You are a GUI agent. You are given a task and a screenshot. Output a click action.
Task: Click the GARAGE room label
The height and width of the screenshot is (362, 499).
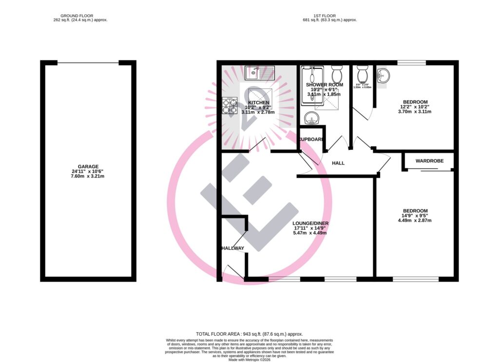[x=88, y=166]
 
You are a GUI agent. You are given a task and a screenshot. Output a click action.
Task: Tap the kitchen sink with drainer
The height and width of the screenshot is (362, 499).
[x=260, y=73]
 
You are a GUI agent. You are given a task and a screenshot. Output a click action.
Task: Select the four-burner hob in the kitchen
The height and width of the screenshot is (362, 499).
[x=229, y=106]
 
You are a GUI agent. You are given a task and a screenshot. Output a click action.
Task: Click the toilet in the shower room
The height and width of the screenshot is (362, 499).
[x=337, y=75]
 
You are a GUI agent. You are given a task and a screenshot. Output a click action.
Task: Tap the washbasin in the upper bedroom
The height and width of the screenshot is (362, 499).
[x=384, y=75]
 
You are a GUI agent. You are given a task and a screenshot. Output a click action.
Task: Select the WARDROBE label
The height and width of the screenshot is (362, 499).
[x=428, y=161]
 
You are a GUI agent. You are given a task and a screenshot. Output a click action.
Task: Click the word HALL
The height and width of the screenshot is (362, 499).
[x=338, y=163]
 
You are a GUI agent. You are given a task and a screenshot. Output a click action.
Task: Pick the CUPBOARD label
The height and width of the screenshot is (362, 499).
[x=312, y=140]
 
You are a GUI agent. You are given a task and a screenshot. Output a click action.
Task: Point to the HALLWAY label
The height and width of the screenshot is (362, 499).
[x=232, y=248]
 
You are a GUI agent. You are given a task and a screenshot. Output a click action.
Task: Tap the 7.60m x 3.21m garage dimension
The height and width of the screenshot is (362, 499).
[x=88, y=176]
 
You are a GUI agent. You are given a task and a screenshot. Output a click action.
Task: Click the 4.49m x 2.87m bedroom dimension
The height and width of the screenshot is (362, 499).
[x=415, y=220]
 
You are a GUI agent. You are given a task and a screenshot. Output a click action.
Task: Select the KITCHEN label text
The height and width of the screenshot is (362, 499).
[x=258, y=102]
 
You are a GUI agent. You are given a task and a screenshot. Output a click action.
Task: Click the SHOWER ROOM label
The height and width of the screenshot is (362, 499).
[x=325, y=84]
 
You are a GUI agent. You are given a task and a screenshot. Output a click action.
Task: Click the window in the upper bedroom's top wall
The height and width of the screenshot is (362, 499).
[x=412, y=62]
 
